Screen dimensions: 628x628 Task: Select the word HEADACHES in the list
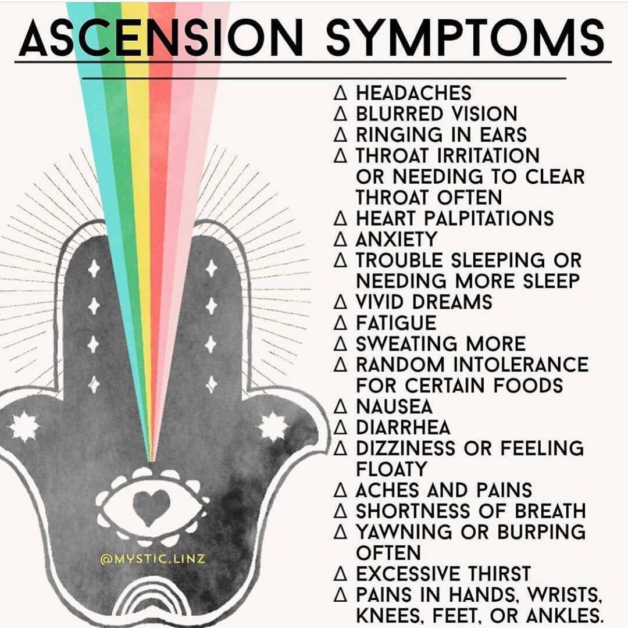414,93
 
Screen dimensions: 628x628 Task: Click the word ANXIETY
396,239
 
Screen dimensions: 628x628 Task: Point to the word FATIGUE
396,323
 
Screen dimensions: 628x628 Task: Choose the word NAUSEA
394,406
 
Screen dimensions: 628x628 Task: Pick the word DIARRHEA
404,427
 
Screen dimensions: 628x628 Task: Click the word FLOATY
392,469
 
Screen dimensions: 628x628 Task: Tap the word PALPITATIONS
488,218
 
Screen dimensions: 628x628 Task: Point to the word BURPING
541,532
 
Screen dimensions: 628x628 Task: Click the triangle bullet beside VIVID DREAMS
340,302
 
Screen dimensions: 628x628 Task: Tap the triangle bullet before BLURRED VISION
340,114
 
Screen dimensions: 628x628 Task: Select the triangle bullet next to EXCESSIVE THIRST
340,574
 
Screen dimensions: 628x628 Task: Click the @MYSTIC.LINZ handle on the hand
152,558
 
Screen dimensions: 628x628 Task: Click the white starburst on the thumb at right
273,427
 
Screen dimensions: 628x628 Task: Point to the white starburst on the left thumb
24,426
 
